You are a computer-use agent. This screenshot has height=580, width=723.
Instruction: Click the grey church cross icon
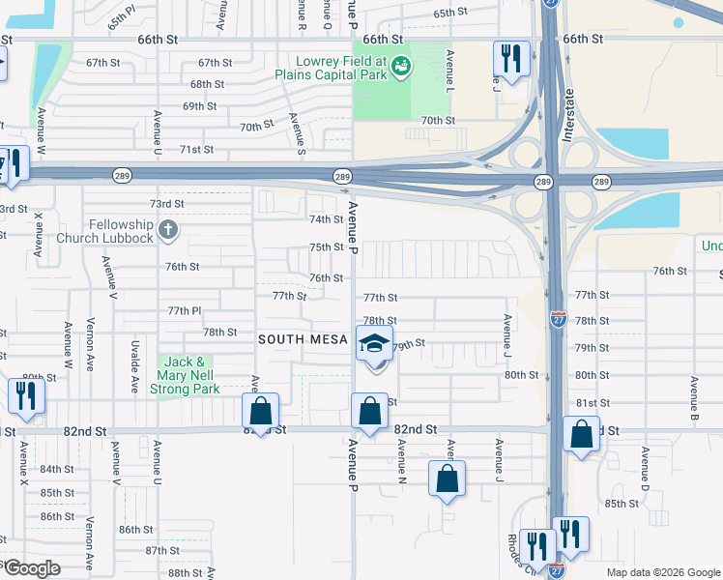(x=168, y=230)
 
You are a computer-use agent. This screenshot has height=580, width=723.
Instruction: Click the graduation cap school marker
(x=374, y=344)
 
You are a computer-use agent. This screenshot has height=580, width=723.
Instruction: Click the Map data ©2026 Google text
(x=662, y=572)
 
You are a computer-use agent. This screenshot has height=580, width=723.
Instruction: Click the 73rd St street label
(x=166, y=204)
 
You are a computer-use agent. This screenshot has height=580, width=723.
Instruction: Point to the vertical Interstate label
(x=569, y=116)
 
